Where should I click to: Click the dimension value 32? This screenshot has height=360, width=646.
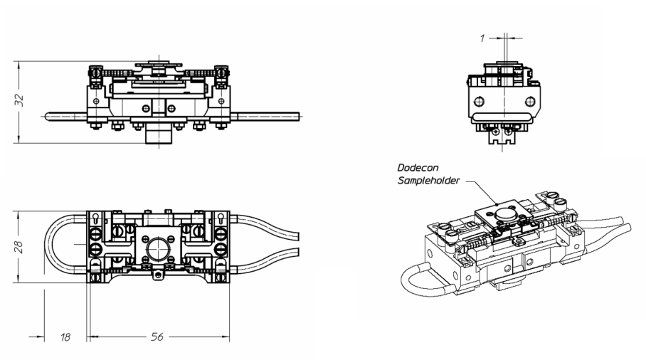tap(20, 99)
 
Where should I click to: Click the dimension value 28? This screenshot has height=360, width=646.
tap(20, 246)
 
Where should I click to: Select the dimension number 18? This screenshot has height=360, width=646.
tap(65, 337)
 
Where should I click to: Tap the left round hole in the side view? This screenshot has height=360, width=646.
tap(482, 100)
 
